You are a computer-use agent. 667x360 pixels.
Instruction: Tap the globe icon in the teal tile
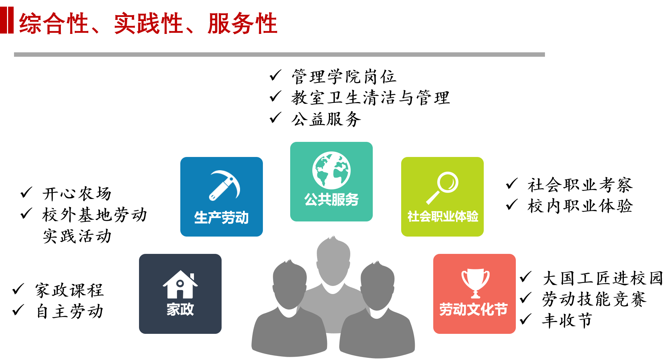[x=331, y=171]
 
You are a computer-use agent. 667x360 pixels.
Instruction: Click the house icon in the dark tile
[x=180, y=284]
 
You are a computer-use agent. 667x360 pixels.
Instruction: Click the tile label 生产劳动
[x=221, y=217]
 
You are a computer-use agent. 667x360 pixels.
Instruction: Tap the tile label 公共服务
[x=331, y=199]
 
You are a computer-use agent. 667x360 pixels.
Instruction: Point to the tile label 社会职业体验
[x=442, y=216]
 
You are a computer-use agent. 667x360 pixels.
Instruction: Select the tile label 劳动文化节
[x=473, y=310]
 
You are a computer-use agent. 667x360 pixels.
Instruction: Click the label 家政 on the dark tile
[x=180, y=309]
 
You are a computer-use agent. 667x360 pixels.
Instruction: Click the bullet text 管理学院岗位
[x=344, y=77]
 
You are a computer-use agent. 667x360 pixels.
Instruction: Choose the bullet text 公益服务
[x=326, y=119]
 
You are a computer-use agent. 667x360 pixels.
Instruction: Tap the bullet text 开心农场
[x=77, y=193]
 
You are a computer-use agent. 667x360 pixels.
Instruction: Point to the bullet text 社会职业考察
[x=580, y=185]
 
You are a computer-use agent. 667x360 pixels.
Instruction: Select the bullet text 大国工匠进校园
[x=602, y=278]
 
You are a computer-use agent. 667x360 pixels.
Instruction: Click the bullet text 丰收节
[x=567, y=321]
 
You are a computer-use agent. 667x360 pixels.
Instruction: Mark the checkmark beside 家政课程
[x=18, y=289]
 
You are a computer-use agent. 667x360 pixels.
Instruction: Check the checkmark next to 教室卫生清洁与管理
[x=275, y=97]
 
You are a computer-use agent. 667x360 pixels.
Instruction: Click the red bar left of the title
[x=7, y=20]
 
